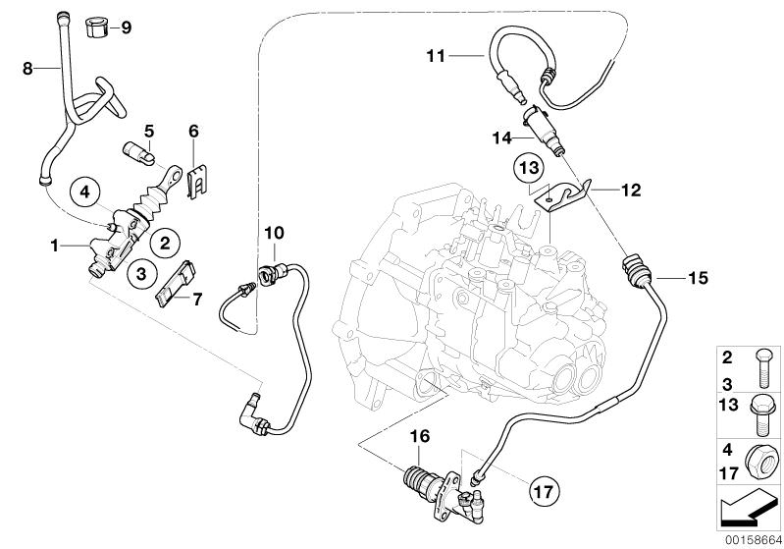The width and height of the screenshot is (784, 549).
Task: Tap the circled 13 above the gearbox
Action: point(529,170)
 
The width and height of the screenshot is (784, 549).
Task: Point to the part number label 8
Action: point(28,68)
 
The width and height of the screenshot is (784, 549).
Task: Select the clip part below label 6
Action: point(197,180)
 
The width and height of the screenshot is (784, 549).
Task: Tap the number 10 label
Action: point(273,233)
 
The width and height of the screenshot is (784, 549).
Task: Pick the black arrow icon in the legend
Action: point(750,509)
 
